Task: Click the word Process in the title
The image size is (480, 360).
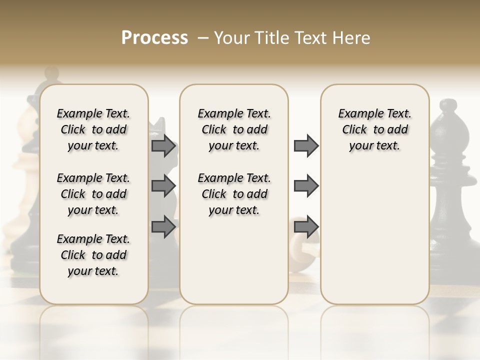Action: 154,38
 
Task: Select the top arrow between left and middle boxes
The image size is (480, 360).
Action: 163,146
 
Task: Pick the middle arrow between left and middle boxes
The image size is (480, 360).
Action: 163,186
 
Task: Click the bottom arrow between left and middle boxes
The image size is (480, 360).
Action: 163,226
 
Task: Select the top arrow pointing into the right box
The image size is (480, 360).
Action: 306,146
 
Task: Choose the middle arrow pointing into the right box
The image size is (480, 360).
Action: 306,186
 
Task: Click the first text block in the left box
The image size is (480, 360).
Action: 93,129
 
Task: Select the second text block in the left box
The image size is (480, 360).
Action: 93,194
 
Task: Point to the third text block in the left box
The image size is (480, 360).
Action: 93,255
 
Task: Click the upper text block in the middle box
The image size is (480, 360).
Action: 234,129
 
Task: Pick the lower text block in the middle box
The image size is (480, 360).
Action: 234,194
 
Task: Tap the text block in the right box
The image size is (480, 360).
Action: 375,129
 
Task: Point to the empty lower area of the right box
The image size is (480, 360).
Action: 375,235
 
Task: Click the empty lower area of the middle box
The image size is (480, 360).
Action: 234,260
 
